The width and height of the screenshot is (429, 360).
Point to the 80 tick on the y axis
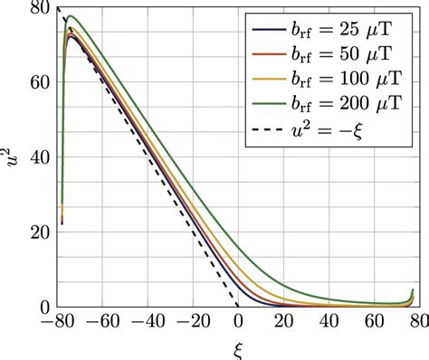(39, 8)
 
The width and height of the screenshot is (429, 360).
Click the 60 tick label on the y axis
(39, 83)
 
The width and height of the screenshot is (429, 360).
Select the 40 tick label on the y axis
(39, 157)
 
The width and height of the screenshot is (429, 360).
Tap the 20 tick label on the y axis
(39, 232)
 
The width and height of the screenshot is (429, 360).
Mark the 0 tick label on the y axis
(44, 307)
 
